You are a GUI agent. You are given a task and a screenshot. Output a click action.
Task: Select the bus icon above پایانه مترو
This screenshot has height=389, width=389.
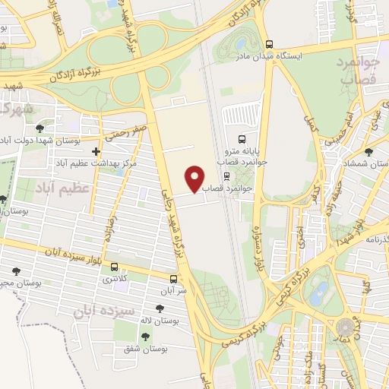(242, 139)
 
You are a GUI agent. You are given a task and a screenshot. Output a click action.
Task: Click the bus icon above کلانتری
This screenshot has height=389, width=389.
(115, 267)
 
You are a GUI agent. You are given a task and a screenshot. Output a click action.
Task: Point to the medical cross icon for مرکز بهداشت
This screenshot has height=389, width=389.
(95, 152)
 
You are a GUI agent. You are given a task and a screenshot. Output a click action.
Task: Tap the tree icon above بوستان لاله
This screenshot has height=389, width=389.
(159, 308)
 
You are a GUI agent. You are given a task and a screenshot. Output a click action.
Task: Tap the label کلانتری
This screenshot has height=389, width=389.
(114, 280)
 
